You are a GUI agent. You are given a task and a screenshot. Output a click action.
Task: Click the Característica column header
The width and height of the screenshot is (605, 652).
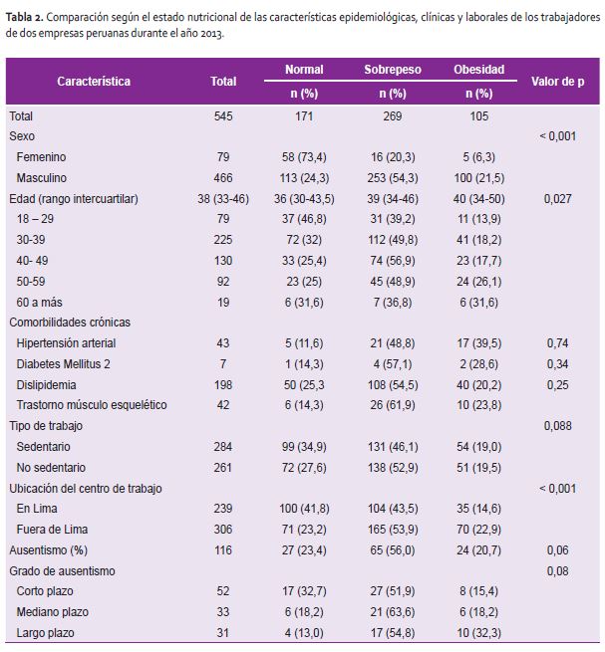[x=94, y=81]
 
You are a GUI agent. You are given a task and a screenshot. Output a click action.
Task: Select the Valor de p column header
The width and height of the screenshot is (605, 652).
[x=557, y=82]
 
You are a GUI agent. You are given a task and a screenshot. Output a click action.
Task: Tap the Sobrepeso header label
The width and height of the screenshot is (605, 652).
[x=393, y=70]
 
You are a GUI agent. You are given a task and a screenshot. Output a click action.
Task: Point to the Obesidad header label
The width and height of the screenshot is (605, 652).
[x=478, y=70]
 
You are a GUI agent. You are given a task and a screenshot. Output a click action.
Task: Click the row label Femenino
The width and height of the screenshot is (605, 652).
[x=41, y=156]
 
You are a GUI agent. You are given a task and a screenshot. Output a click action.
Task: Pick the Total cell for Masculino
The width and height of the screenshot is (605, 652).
[x=223, y=177]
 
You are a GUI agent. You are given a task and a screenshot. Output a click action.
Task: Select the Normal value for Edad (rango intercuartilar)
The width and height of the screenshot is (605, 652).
[x=304, y=199]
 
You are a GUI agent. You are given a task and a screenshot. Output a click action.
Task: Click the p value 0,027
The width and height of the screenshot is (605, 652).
[x=557, y=199]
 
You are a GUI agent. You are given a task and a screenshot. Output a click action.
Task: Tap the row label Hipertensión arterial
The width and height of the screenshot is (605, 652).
[x=66, y=343]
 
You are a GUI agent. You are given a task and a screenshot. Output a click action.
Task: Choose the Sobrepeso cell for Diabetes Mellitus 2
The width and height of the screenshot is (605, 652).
[x=393, y=364]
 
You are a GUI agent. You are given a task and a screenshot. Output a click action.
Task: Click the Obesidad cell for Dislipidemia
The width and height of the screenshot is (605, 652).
[x=478, y=384]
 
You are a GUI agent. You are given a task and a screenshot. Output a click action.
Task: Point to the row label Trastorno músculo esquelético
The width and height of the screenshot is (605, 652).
[x=92, y=405]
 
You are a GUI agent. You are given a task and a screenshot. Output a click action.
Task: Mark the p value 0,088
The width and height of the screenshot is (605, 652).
[x=557, y=426]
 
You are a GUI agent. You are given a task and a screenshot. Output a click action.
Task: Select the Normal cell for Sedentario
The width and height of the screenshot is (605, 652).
[x=304, y=447]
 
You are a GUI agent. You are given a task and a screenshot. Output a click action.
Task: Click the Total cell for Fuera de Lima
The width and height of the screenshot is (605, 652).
[x=223, y=529]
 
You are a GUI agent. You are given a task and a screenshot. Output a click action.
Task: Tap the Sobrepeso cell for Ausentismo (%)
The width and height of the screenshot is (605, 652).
[x=393, y=550]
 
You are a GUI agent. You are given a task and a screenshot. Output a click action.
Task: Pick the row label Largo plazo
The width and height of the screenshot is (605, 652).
[x=46, y=633]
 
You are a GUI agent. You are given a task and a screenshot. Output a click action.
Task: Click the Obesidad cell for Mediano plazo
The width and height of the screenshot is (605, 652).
[x=478, y=612]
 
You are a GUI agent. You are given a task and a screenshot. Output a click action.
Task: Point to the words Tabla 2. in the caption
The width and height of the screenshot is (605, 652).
[x=25, y=18]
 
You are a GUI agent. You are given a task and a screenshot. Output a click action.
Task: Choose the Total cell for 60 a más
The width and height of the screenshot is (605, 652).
[x=223, y=303]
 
